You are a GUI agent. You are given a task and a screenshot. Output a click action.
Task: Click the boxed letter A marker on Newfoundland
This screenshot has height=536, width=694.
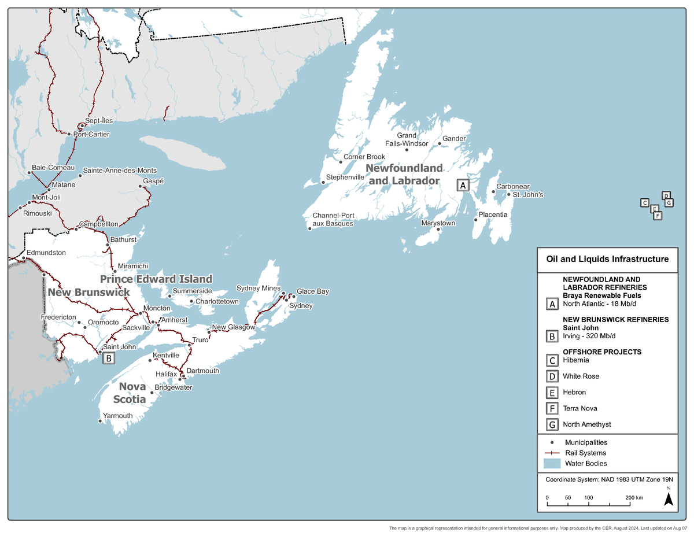(462, 185)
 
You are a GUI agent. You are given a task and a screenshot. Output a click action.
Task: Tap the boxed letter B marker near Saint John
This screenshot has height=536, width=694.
(109, 358)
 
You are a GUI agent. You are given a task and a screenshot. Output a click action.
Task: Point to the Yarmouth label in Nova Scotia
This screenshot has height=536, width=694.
(117, 416)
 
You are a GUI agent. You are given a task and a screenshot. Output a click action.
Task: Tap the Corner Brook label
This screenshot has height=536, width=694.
(364, 157)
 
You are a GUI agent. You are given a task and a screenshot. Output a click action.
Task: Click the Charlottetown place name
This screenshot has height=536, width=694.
(217, 302)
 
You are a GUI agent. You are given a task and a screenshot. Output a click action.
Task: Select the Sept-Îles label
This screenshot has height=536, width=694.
(99, 120)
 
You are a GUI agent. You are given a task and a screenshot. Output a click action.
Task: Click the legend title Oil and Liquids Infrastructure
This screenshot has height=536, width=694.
(607, 259)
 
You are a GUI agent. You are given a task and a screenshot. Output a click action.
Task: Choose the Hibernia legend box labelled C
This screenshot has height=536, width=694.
(552, 360)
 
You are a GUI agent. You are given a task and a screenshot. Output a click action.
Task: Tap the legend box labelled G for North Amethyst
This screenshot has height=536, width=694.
(552, 424)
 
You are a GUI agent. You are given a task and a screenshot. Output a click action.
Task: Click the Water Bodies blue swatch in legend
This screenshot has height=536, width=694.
(552, 464)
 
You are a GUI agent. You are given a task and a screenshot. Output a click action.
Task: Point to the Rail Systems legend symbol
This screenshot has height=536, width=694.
(552, 453)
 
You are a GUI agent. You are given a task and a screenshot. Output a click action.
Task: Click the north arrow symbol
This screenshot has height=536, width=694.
(668, 499)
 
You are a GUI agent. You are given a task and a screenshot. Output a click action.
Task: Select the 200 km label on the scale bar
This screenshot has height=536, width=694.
(634, 498)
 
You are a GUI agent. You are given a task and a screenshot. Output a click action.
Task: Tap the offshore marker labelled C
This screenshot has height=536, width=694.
(644, 202)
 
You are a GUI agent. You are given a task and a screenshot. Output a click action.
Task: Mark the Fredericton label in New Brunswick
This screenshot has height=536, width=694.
(58, 317)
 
